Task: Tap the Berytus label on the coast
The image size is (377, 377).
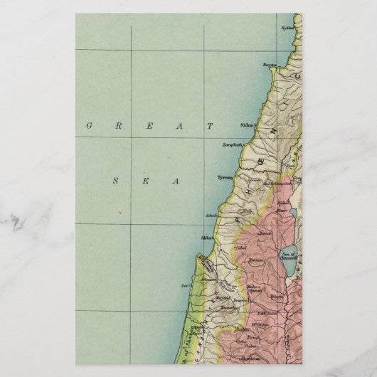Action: pos(270,65)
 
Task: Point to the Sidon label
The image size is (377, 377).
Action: pos(248,125)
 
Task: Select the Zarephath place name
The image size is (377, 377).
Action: pos(233,145)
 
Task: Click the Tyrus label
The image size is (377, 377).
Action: pos(224,178)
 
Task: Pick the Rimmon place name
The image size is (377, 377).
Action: pos(255,261)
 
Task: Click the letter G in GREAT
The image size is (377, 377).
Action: pos(90,126)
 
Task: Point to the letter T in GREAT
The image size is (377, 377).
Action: pos(211,126)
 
